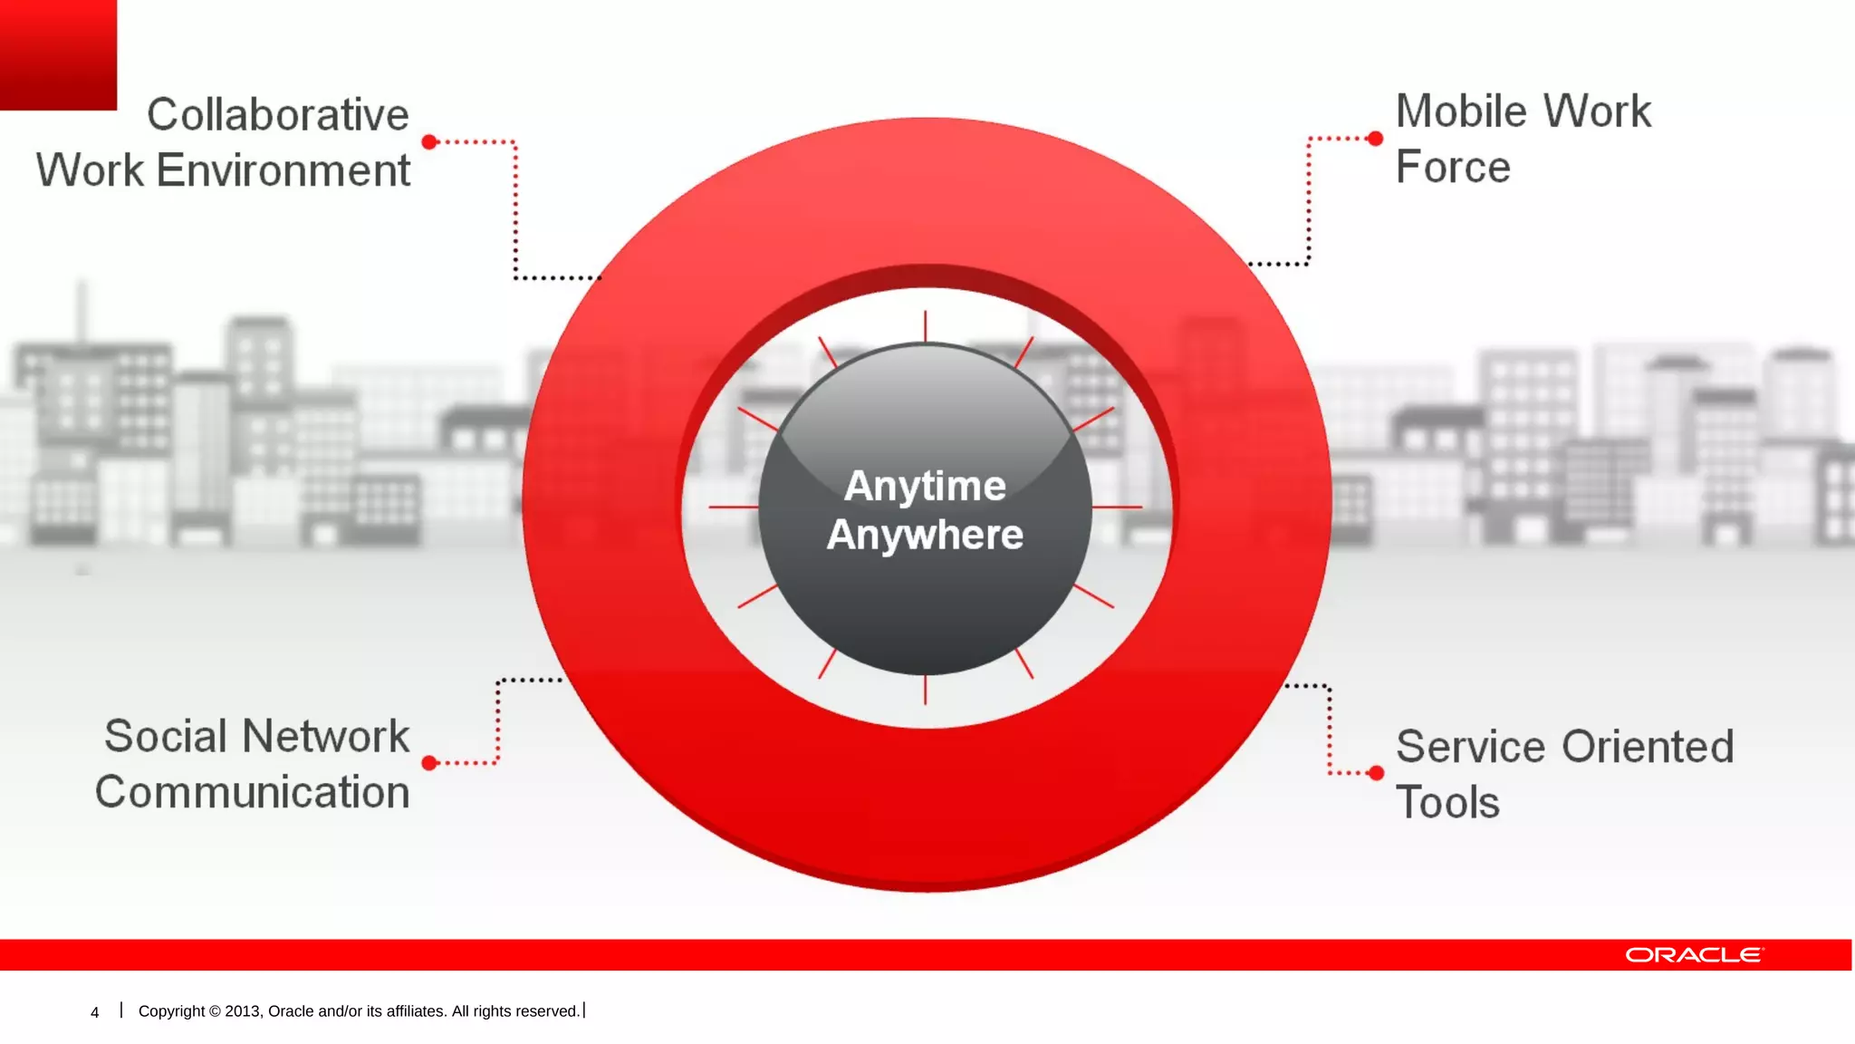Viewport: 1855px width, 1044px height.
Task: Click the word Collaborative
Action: point(277,115)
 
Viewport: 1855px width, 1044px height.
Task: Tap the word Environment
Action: point(283,171)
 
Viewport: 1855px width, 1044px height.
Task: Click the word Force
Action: point(1453,168)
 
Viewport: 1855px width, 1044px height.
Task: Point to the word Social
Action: point(165,736)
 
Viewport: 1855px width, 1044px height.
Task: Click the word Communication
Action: point(253,792)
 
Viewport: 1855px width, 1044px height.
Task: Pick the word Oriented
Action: point(1648,748)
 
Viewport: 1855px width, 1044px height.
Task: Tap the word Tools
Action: point(1447,803)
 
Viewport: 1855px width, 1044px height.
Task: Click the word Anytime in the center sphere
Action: point(925,487)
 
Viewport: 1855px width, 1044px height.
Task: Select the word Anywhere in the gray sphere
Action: point(925,535)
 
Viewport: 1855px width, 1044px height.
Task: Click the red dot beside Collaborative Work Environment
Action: point(430,142)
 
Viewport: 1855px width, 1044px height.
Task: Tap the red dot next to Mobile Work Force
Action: point(1375,139)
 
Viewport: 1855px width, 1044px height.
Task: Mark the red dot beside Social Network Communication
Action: point(430,763)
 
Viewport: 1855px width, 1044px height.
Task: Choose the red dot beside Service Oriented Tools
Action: point(1376,773)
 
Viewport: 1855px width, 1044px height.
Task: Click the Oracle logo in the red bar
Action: point(1693,955)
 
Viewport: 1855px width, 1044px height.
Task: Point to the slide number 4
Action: point(94,1012)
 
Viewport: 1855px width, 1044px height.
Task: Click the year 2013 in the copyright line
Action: point(243,1011)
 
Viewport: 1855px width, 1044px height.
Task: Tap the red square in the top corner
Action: point(58,54)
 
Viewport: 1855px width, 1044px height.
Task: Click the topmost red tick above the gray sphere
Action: point(925,325)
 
